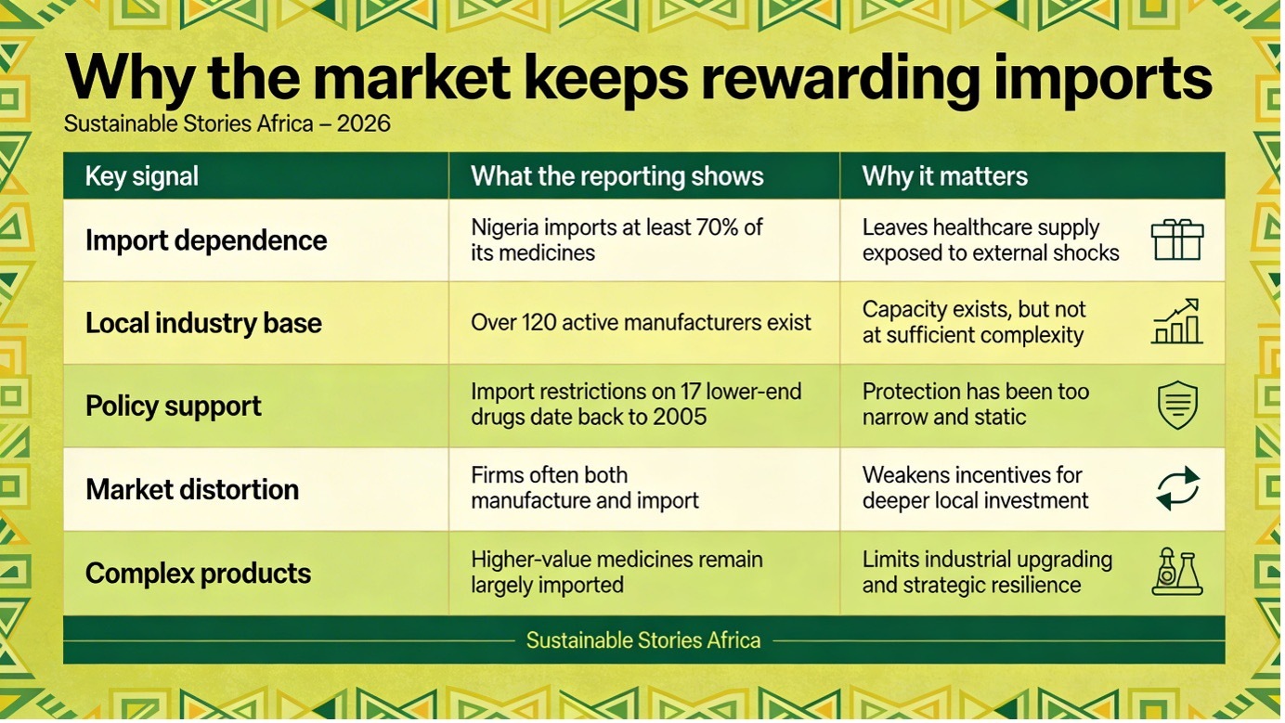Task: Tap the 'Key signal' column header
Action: point(141,176)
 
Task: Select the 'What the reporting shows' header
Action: point(617,176)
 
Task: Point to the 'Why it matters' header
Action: point(944,176)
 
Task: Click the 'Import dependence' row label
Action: point(206,240)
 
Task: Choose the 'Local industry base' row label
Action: point(203,323)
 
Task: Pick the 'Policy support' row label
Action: point(174,407)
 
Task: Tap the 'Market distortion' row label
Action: point(192,489)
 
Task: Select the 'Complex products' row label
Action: point(198,573)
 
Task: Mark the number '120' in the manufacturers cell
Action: point(539,323)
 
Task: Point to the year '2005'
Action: point(679,417)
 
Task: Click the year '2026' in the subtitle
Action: point(363,123)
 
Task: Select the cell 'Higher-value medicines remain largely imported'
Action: point(617,573)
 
